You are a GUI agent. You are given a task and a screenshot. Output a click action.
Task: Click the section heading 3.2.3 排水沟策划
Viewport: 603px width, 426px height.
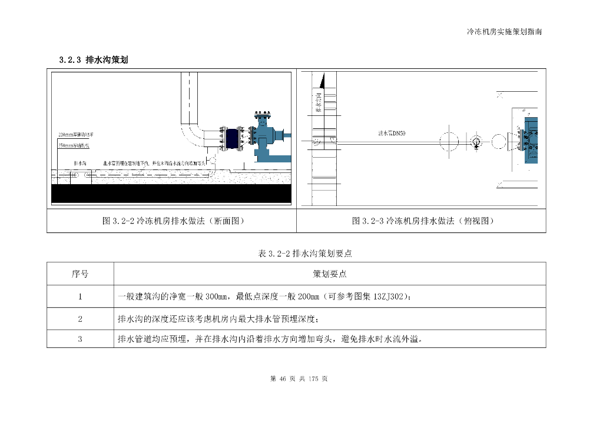[x=94, y=60]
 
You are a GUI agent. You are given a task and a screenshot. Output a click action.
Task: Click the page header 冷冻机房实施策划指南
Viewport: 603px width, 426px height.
[x=504, y=32]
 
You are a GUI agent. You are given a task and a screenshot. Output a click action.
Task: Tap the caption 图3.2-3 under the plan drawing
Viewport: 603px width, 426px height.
[x=422, y=221]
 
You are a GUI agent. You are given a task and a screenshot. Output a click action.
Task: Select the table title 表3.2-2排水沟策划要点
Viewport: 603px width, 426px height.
[x=305, y=254]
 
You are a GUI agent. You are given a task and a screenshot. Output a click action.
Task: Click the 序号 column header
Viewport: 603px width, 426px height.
[x=80, y=274]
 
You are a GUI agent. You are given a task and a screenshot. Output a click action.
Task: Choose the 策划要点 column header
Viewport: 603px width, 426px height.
[x=330, y=274]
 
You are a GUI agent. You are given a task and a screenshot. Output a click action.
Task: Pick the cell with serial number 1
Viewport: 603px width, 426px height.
[x=80, y=297]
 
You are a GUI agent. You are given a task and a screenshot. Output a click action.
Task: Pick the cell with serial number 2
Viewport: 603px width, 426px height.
[x=80, y=319]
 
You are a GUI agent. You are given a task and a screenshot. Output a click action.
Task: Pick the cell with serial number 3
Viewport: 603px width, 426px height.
[x=80, y=339]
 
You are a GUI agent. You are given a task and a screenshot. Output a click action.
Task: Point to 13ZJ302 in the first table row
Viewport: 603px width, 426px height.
[x=387, y=297]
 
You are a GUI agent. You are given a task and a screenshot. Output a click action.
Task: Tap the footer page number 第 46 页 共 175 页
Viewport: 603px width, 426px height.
[x=299, y=379]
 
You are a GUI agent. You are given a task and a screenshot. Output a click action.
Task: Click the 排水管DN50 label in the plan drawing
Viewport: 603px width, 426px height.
[x=392, y=134]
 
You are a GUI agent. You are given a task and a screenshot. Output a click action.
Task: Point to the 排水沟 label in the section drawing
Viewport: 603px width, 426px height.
[x=81, y=162]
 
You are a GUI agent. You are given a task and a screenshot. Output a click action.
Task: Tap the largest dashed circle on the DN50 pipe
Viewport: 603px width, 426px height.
[x=449, y=141]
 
